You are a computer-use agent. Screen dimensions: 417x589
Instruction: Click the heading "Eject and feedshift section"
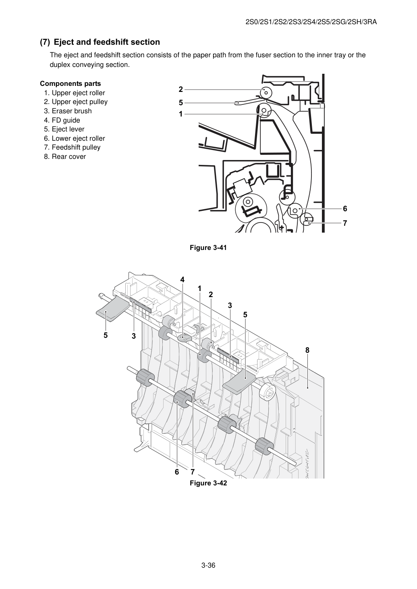(x=107, y=42)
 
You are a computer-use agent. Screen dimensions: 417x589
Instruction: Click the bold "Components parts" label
(x=71, y=83)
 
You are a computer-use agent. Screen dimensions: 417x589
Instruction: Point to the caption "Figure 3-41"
(x=208, y=248)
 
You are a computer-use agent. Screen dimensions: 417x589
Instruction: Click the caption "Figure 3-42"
(x=208, y=483)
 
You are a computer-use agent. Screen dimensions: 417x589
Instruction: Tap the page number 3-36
(x=208, y=563)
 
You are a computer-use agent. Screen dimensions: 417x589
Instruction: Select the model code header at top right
(x=311, y=22)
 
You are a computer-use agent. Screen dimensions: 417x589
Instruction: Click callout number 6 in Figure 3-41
(x=345, y=209)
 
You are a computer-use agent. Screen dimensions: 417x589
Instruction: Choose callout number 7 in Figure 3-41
(x=345, y=223)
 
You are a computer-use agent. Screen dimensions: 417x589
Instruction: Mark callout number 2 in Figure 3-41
(x=181, y=89)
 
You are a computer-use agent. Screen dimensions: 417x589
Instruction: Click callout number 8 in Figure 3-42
(x=307, y=350)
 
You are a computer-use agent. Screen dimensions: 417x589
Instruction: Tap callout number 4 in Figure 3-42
(x=183, y=279)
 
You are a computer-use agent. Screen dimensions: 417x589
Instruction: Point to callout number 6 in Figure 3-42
(x=177, y=472)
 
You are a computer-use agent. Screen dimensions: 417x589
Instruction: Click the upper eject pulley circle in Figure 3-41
(x=266, y=93)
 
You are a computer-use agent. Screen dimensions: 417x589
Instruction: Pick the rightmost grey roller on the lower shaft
(x=264, y=446)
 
